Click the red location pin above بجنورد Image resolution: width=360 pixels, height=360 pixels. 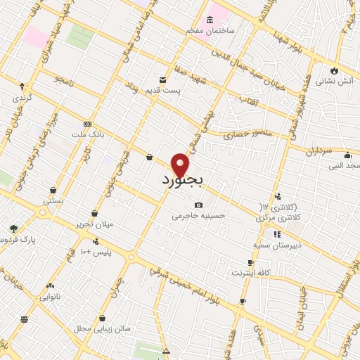point(181,164)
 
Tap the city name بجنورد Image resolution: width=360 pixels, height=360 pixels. point(181,181)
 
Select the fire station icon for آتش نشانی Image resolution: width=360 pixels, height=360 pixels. point(333,70)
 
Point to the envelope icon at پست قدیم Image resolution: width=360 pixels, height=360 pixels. point(163,79)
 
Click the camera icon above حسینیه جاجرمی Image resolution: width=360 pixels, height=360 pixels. point(198,205)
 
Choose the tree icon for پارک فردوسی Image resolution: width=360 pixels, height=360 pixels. point(13,229)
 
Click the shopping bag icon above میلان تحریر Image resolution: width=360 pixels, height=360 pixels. point(94,213)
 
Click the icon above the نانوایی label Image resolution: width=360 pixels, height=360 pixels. point(50,286)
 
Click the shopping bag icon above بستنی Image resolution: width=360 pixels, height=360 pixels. point(53,190)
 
